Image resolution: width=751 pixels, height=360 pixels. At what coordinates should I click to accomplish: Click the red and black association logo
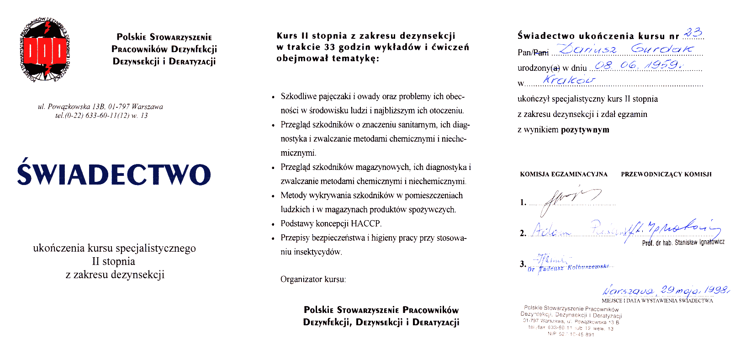point(46,50)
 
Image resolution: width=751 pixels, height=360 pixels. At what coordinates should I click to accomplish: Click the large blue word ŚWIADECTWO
point(114,174)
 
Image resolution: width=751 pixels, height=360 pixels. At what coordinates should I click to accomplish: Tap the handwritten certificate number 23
point(693,33)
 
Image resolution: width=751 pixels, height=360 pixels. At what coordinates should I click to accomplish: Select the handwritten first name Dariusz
point(587,49)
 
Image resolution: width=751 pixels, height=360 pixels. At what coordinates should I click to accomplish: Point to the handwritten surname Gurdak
point(662,49)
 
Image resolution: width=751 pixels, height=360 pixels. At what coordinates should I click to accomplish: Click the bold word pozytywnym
point(585,130)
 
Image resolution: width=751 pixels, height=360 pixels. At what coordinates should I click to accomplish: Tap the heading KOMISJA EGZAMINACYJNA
point(564,174)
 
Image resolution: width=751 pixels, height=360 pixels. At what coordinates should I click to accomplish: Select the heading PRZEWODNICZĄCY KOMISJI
point(666,174)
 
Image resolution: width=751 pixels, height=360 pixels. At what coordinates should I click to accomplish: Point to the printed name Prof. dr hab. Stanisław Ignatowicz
point(683,243)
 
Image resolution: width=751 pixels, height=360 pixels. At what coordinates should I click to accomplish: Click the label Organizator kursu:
point(313,279)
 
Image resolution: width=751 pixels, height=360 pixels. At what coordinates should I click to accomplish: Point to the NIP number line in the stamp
point(571,334)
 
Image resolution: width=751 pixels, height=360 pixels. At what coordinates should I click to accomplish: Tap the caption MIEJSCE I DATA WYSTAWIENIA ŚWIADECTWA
point(657,301)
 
